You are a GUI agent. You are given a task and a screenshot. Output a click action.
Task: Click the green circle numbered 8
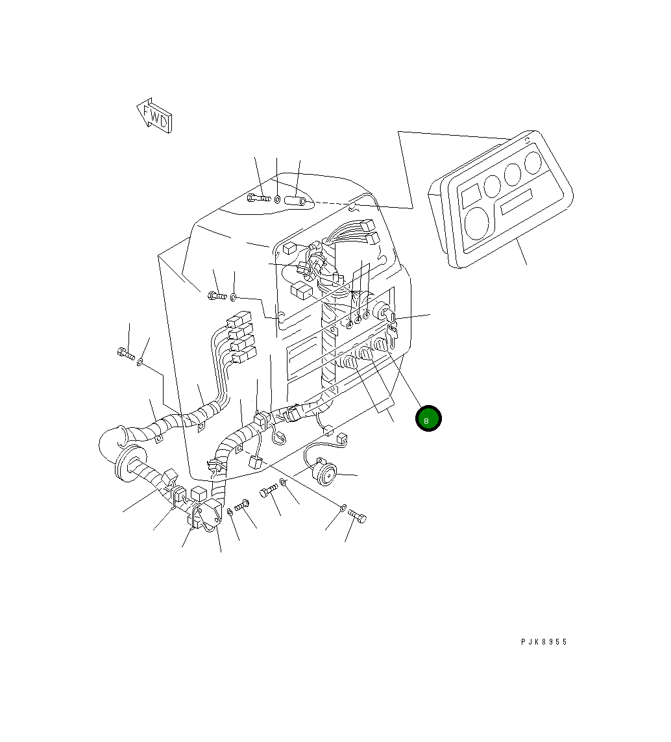[x=428, y=419]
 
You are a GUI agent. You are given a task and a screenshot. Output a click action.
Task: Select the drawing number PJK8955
[x=544, y=641]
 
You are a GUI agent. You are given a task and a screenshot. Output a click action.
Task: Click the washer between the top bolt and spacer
[x=278, y=199]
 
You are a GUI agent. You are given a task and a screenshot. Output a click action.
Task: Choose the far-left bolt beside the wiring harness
[x=126, y=354]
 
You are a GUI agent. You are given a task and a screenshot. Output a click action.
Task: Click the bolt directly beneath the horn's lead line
[x=269, y=493]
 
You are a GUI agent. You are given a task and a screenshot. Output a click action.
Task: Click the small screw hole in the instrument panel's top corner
[x=528, y=140]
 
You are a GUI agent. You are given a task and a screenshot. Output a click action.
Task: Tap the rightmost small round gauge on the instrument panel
[x=533, y=162]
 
